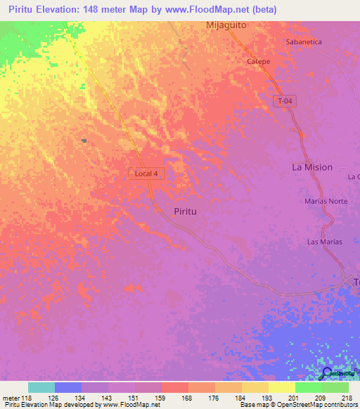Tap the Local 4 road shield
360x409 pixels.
(147, 173)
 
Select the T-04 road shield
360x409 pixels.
(284, 102)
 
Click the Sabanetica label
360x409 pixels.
(304, 42)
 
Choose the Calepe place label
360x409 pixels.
(258, 61)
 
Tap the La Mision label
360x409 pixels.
(312, 167)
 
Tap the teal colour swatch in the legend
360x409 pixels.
(41, 387)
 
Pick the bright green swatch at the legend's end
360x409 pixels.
(335, 387)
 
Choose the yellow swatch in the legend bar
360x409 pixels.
(282, 387)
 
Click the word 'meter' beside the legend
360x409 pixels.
(11, 398)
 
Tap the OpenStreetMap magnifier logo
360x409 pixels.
(326, 374)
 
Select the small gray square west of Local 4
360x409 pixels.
(84, 141)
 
